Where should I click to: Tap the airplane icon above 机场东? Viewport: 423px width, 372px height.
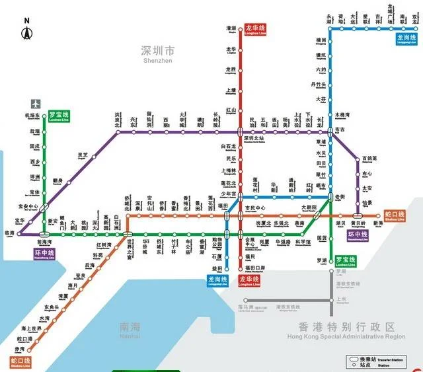pos(35,104)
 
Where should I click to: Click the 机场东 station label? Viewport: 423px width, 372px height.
pos(32,117)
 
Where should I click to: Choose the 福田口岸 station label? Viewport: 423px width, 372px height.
pos(255,268)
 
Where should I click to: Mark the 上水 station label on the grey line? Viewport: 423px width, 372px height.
pos(341,299)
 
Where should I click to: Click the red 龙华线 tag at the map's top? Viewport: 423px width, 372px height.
pos(255,29)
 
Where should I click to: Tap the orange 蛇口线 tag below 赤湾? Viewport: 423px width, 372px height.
pos(20,362)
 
